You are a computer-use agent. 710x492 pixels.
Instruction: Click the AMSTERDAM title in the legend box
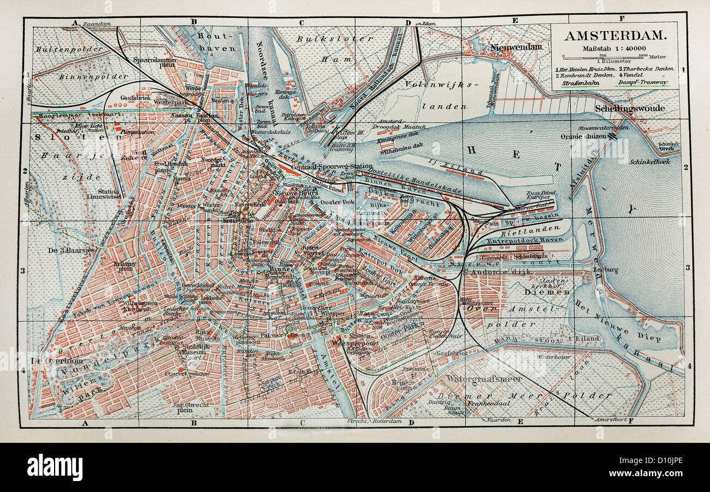(614, 36)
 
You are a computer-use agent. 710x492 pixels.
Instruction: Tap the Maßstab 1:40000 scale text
(614, 48)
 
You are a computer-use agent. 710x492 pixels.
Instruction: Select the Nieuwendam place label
(516, 47)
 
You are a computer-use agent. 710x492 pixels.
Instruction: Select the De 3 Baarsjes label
(72, 250)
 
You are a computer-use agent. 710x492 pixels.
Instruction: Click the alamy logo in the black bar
(55, 467)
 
